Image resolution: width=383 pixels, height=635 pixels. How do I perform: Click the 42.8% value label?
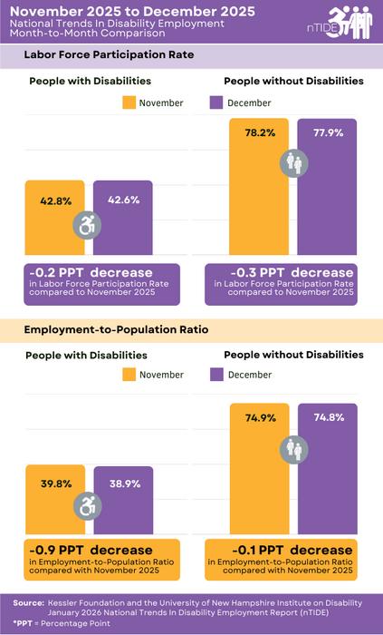coord(55,200)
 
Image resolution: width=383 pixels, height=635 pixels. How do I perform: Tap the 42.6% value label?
coord(123,200)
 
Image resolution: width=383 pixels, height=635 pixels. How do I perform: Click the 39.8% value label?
coord(55,484)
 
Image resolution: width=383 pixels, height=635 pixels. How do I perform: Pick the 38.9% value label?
coord(123,484)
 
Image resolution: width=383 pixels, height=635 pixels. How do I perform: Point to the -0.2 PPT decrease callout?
coord(101,283)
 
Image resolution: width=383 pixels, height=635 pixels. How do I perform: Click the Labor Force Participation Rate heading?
coord(110,55)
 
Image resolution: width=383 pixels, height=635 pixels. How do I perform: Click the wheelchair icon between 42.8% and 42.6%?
coord(89,225)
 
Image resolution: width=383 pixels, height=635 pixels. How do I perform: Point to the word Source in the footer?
coord(29,602)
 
